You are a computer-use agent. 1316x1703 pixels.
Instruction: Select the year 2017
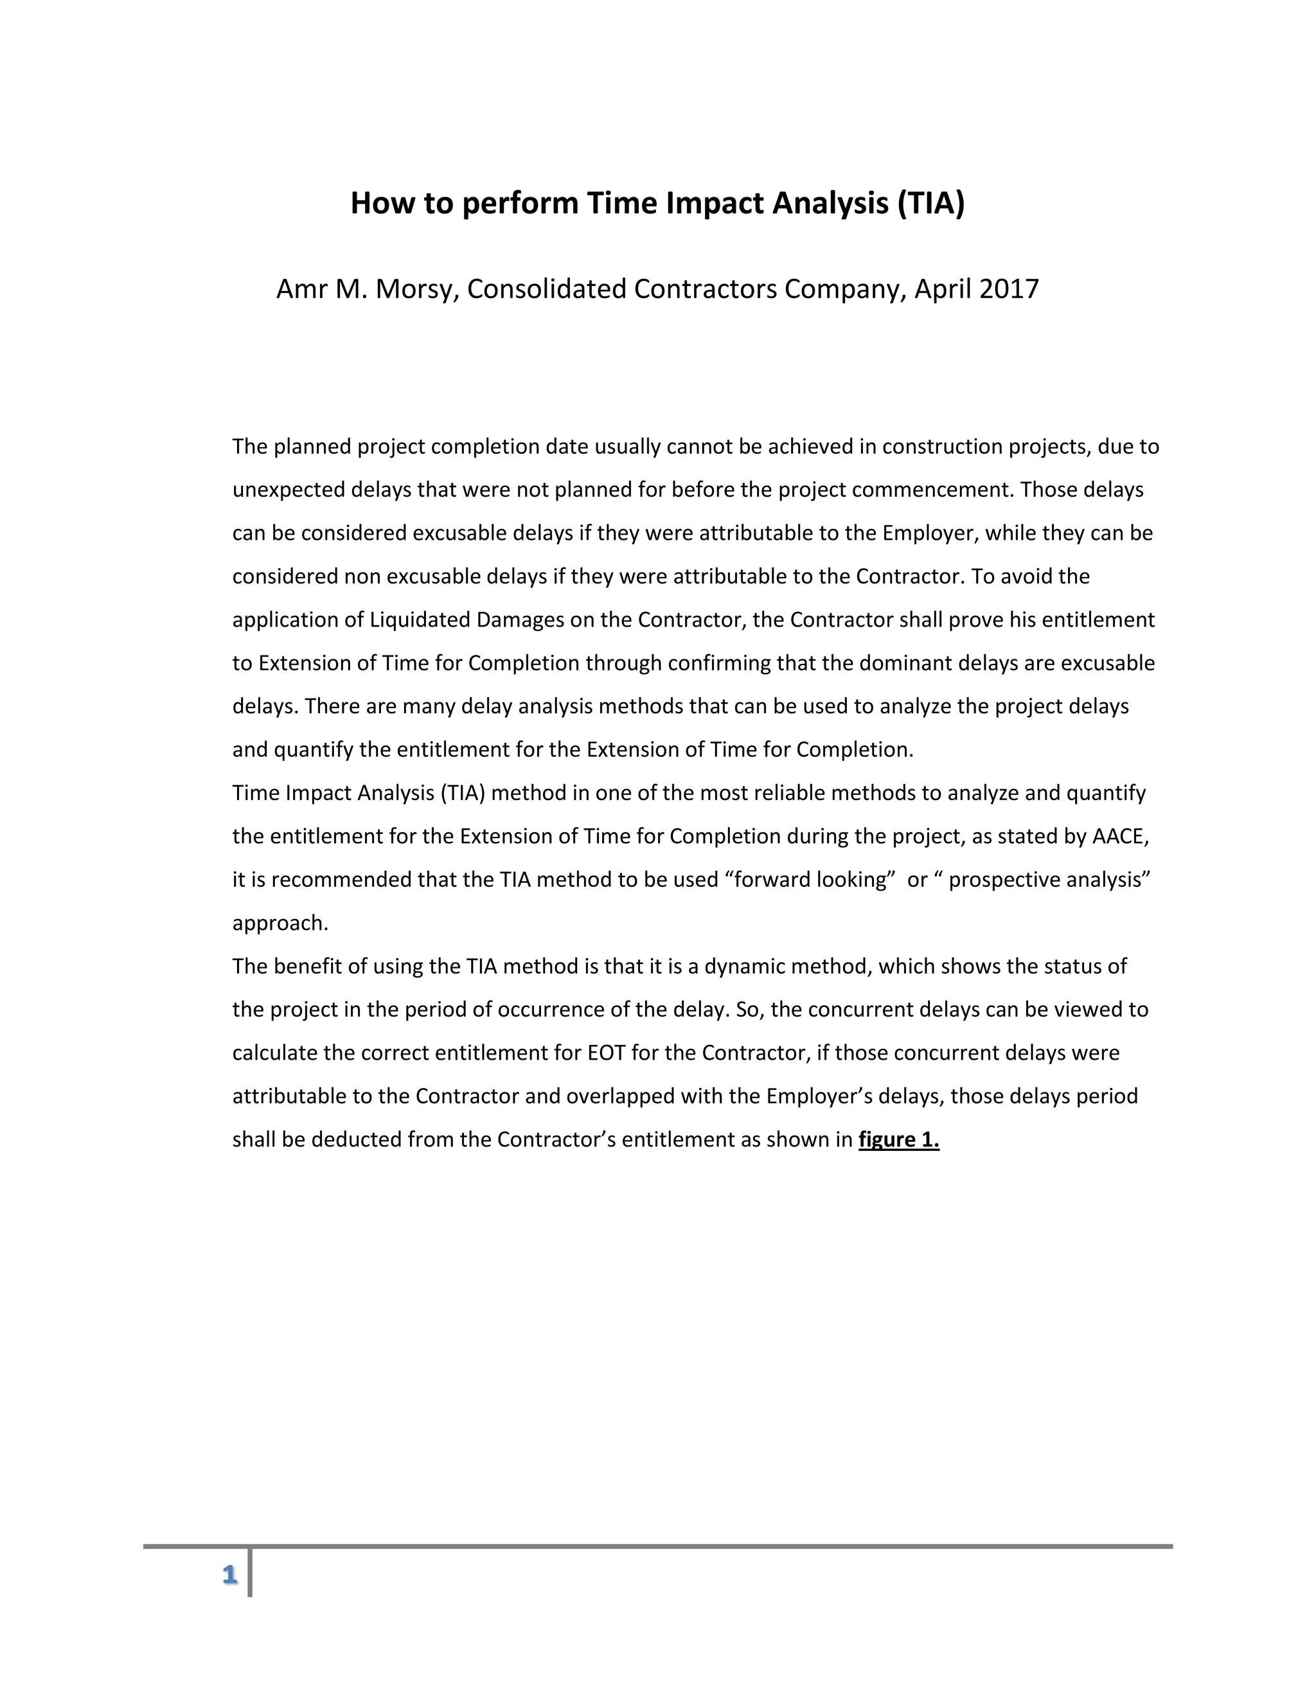click(x=1009, y=289)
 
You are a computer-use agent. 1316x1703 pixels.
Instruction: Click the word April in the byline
click(x=943, y=289)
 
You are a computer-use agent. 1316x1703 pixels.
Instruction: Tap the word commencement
click(x=932, y=490)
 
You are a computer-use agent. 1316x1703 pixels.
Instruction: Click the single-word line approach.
click(x=280, y=923)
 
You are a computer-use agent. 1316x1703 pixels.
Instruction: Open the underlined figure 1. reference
click(x=898, y=1140)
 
